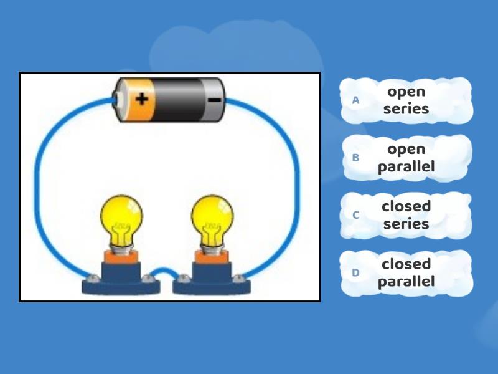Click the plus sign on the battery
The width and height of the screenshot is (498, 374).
(143, 98)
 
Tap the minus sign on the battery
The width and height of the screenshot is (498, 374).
(214, 99)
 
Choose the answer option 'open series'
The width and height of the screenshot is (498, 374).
(406, 100)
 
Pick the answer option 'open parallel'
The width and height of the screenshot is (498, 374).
(406, 158)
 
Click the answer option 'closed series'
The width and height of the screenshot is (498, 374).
(406, 214)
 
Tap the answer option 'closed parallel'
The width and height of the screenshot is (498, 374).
(406, 272)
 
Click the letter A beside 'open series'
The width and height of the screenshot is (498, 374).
(356, 100)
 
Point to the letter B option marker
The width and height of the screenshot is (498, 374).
(356, 158)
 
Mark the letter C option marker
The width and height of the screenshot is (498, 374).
(356, 215)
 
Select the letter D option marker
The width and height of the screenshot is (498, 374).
(356, 272)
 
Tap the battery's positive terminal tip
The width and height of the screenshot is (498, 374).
(116, 98)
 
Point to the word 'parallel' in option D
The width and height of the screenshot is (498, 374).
(406, 281)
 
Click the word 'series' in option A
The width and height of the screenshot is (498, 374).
(406, 109)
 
